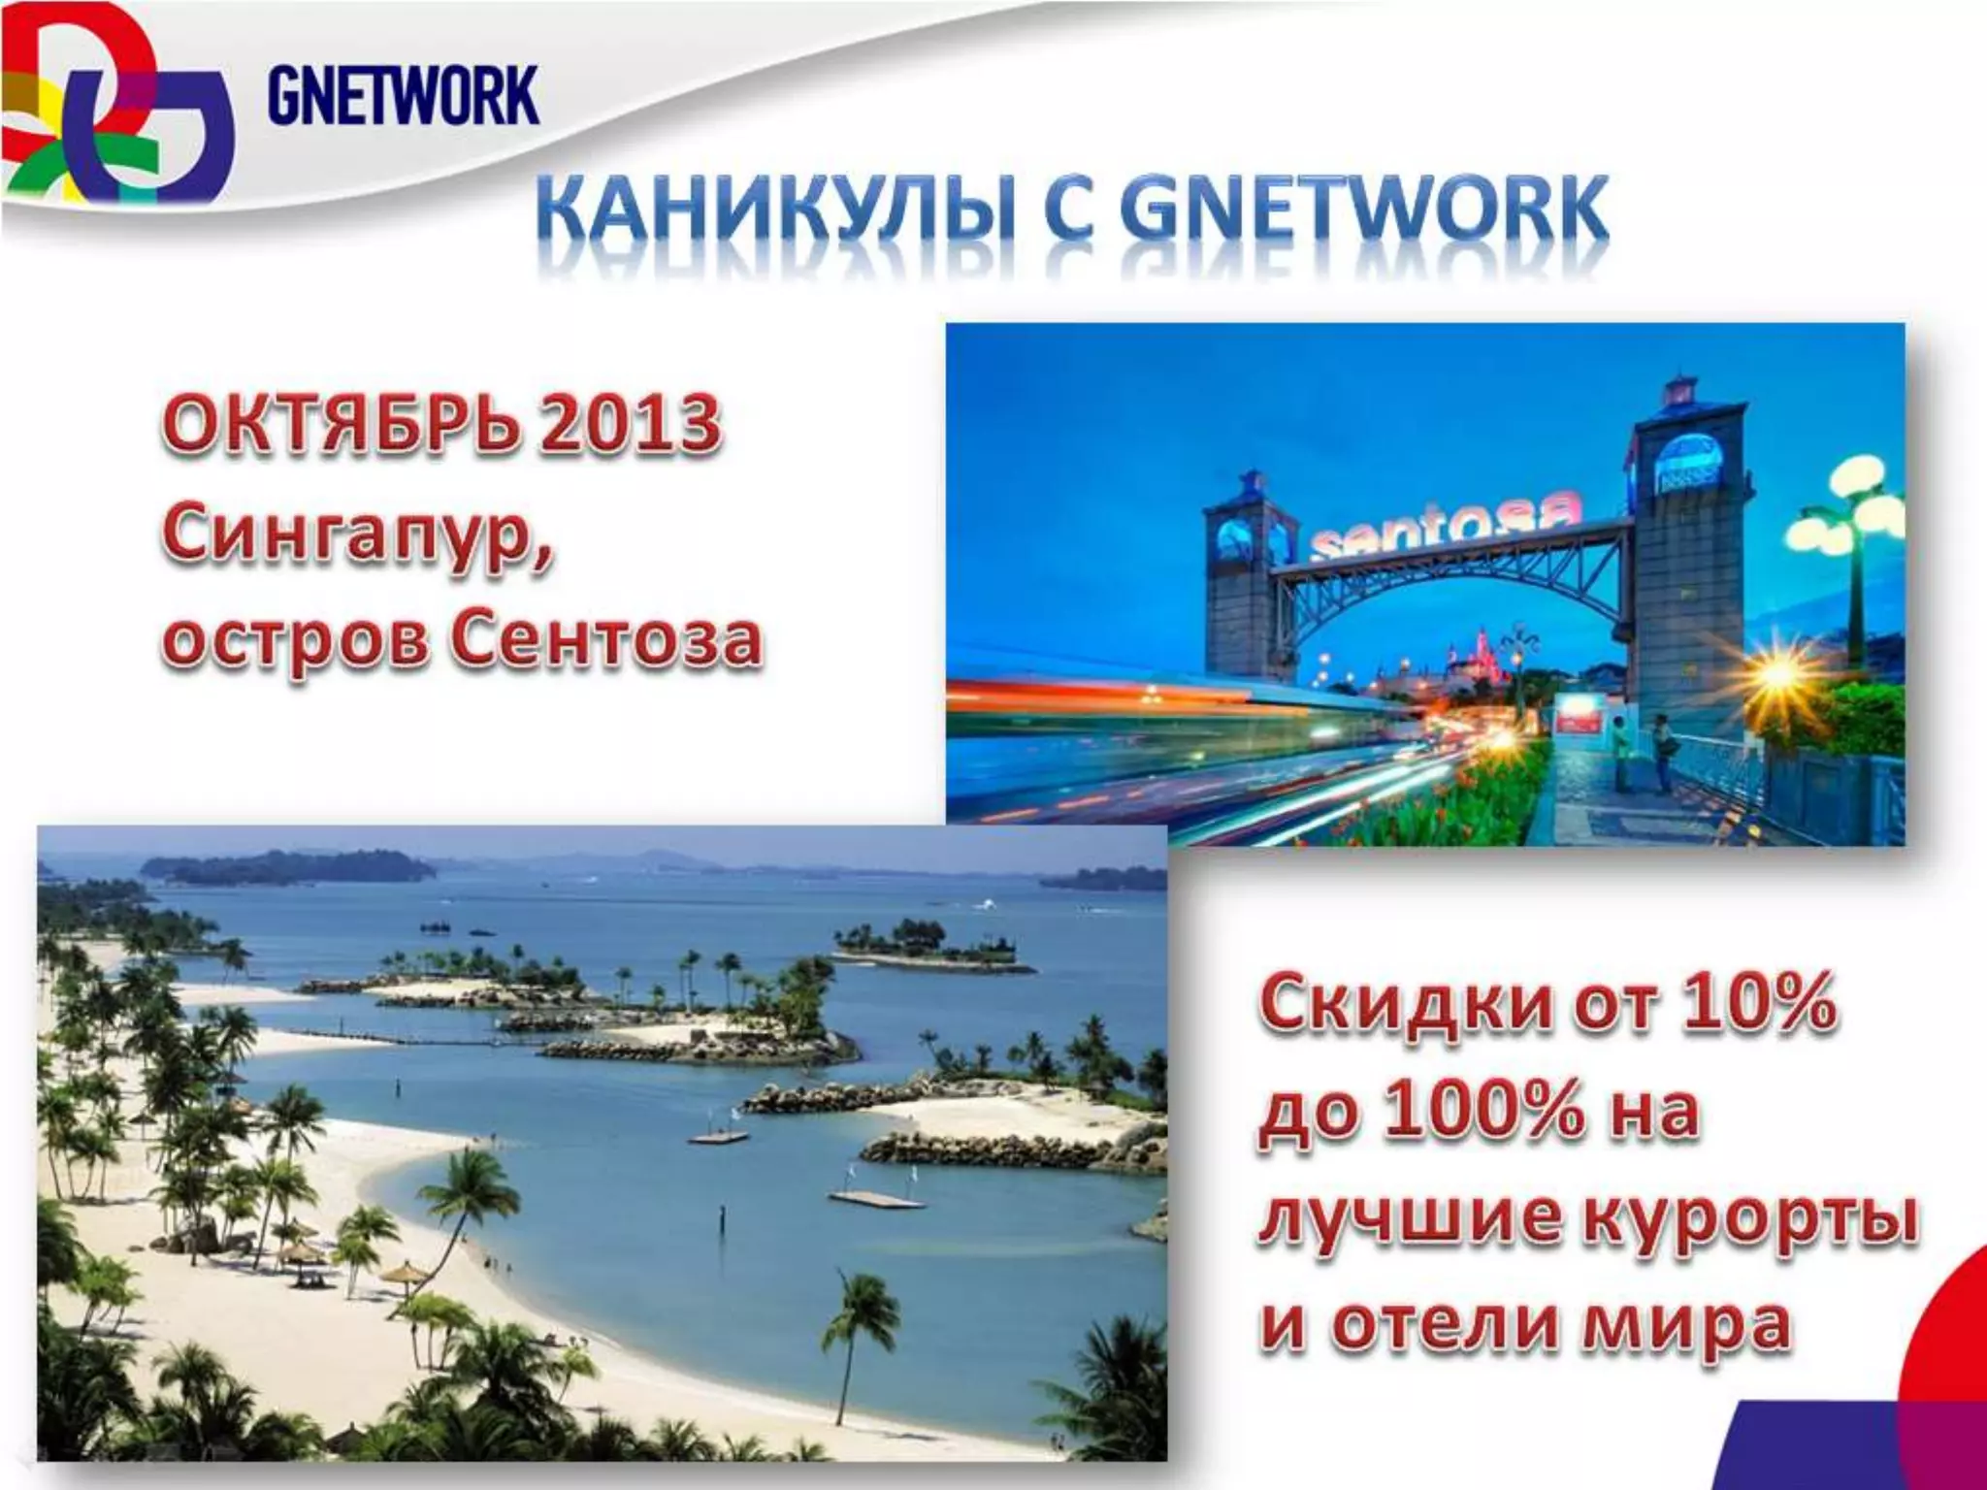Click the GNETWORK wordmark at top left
pyautogui.click(x=402, y=94)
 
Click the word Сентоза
pyautogui.click(x=606, y=641)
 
